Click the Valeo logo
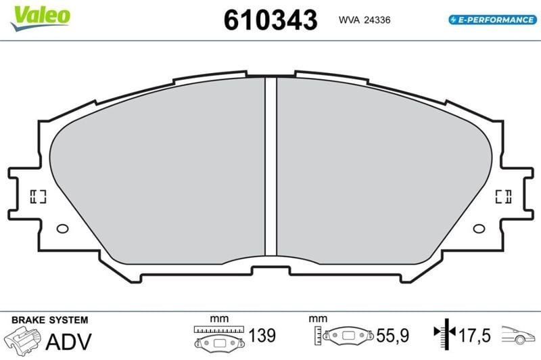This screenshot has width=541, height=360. pyautogui.click(x=41, y=18)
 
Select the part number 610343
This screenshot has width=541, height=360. pyautogui.click(x=270, y=20)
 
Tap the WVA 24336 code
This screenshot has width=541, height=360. pyautogui.click(x=364, y=20)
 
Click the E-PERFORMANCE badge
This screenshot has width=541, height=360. pyautogui.click(x=493, y=20)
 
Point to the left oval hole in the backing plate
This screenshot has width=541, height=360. pyautogui.click(x=62, y=229)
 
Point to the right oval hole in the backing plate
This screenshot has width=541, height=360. pyautogui.click(x=479, y=229)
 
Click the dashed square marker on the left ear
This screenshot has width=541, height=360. pyautogui.click(x=38, y=196)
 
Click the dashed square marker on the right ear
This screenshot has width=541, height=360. pyautogui.click(x=503, y=196)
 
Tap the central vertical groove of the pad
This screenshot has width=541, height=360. pyautogui.click(x=271, y=166)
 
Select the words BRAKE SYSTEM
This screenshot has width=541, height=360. pyautogui.click(x=49, y=320)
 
